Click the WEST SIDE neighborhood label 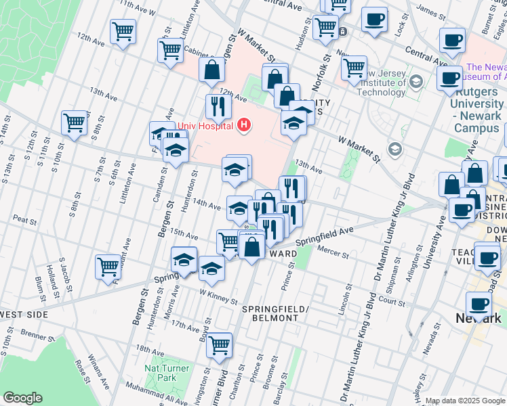pyautogui.click(x=24, y=315)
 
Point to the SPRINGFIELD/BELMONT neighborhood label pyautogui.click(x=275, y=315)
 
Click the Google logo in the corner pyautogui.click(x=22, y=398)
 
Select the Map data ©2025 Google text pyautogui.click(x=465, y=401)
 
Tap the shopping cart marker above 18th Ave pyautogui.click(x=219, y=344)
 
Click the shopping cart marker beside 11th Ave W pyautogui.click(x=123, y=30)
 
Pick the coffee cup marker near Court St pyautogui.click(x=479, y=303)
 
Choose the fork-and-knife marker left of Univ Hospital pyautogui.click(x=218, y=106)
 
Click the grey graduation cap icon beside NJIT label pyautogui.click(x=415, y=83)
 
